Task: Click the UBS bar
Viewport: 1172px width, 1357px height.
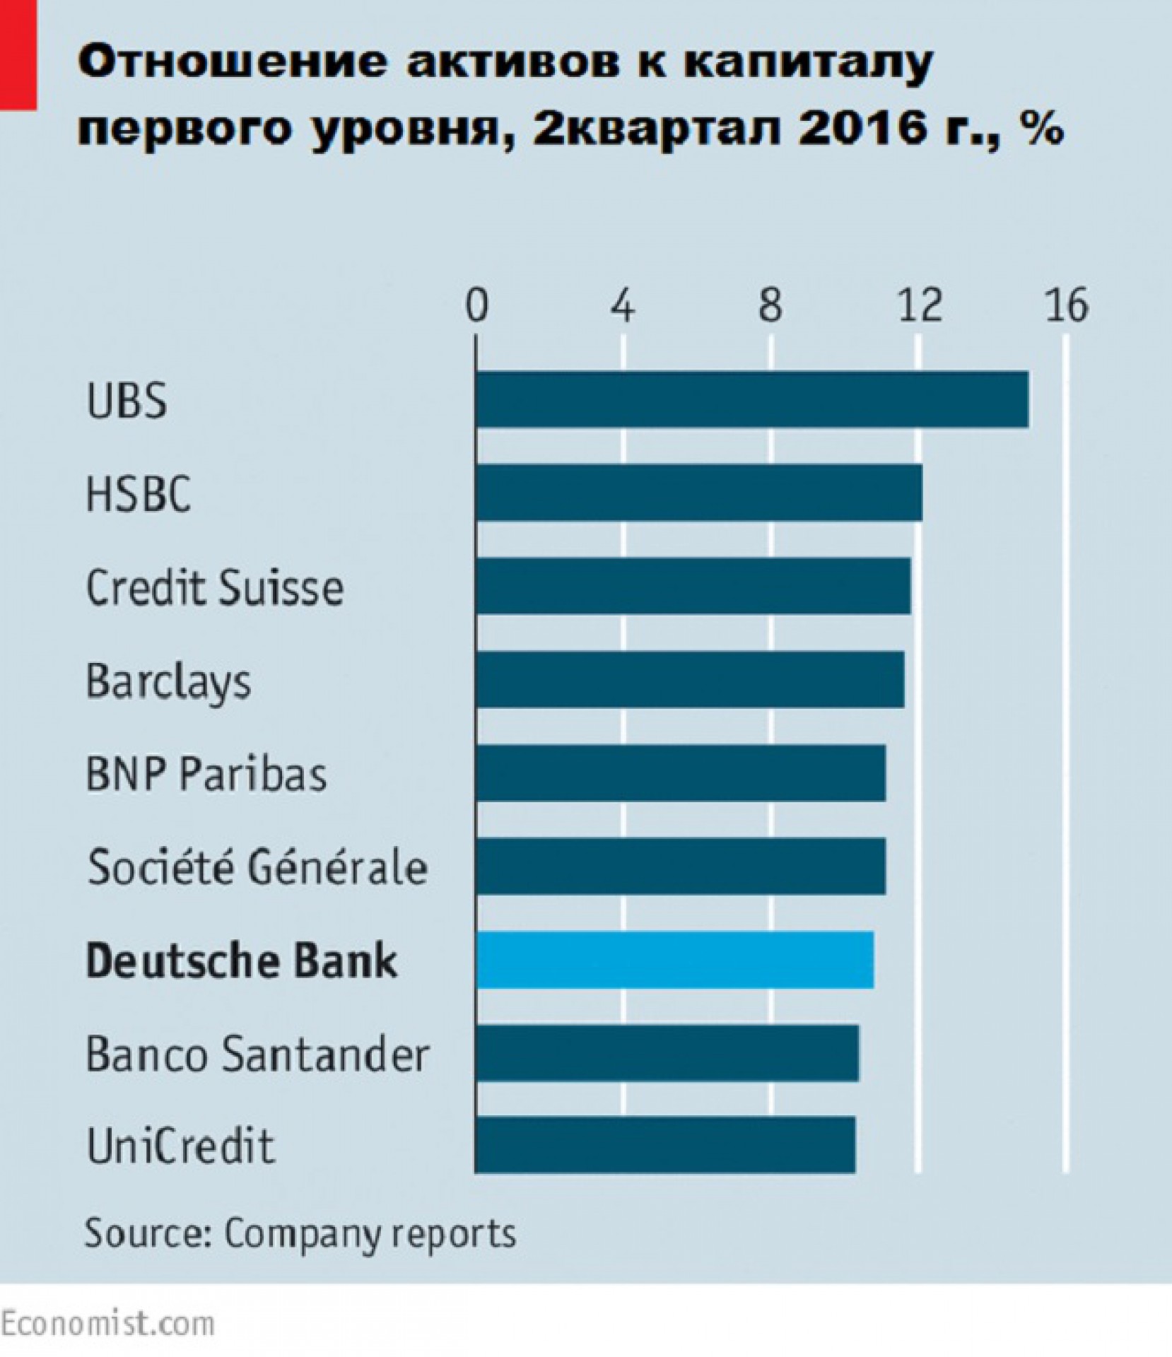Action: pyautogui.click(x=752, y=399)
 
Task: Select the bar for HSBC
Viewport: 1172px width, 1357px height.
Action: pyautogui.click(x=698, y=492)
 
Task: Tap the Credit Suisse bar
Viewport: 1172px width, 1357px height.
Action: pyautogui.click(x=693, y=585)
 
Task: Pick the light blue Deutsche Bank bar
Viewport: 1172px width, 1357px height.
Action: pyautogui.click(x=674, y=959)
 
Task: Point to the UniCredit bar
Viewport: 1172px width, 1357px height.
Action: pyautogui.click(x=665, y=1145)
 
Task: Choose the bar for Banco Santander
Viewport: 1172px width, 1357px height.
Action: pyautogui.click(x=667, y=1052)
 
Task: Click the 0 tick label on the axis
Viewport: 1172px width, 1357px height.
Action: pyautogui.click(x=477, y=306)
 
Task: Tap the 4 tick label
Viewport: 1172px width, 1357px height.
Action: pyautogui.click(x=623, y=306)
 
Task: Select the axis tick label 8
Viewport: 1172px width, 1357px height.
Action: pyautogui.click(x=770, y=306)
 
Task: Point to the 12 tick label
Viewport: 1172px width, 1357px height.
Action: pyautogui.click(x=920, y=306)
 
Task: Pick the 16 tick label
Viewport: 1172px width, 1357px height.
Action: pyautogui.click(x=1067, y=306)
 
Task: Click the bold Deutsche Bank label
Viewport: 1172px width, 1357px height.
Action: pyautogui.click(x=241, y=961)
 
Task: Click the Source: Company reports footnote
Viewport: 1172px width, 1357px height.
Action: pyautogui.click(x=300, y=1233)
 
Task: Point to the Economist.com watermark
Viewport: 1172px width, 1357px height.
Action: pyautogui.click(x=107, y=1323)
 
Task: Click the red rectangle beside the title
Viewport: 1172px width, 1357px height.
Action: pyautogui.click(x=18, y=54)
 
